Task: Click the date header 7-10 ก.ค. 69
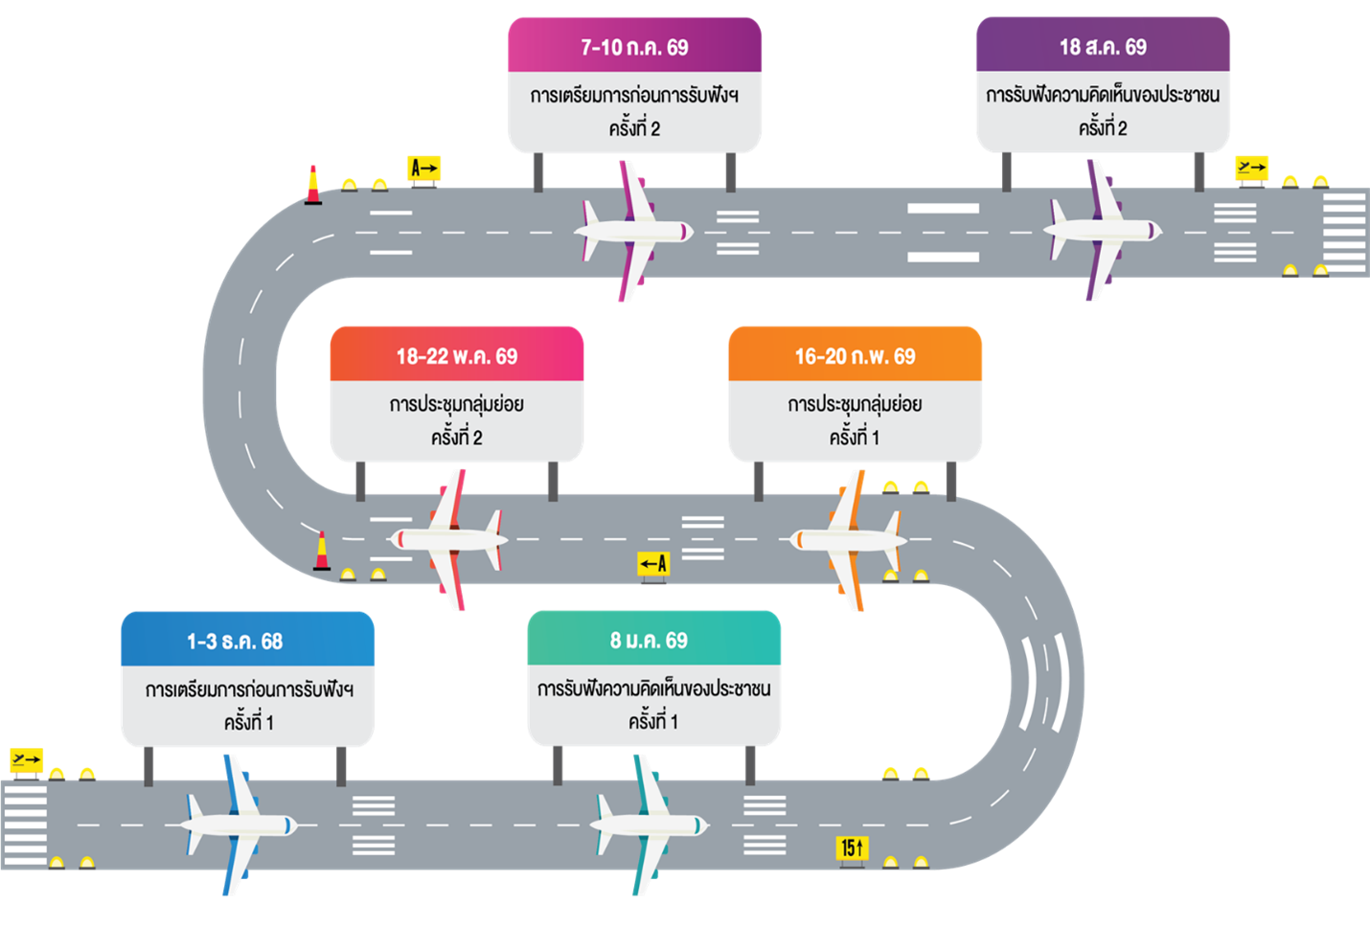click(634, 47)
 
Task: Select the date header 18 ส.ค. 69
click(1103, 47)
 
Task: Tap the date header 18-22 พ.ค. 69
click(457, 356)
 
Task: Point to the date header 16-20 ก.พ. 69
click(855, 356)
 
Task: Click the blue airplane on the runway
click(238, 825)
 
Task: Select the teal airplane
click(649, 825)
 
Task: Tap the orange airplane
click(848, 539)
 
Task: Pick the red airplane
click(448, 539)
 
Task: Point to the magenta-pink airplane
click(632, 231)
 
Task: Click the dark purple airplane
click(1102, 231)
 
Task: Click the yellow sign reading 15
click(852, 848)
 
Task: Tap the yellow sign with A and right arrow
click(423, 169)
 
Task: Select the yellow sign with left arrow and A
click(653, 563)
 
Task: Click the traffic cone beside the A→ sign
click(313, 185)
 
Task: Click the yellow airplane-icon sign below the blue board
click(26, 760)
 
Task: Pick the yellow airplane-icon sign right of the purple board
click(1251, 168)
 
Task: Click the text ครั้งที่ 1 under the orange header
click(855, 438)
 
